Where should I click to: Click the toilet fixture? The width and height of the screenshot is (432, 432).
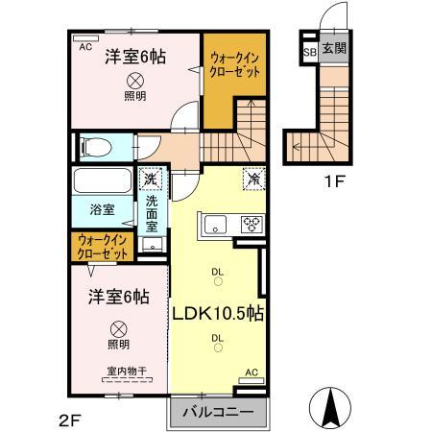coord(94,147)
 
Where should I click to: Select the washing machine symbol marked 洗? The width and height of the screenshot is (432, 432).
coord(150,178)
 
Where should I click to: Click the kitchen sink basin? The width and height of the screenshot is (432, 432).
coord(213,225)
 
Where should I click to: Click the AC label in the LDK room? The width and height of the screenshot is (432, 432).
coord(252,372)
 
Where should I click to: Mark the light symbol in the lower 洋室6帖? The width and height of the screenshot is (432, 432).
coord(117,326)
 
